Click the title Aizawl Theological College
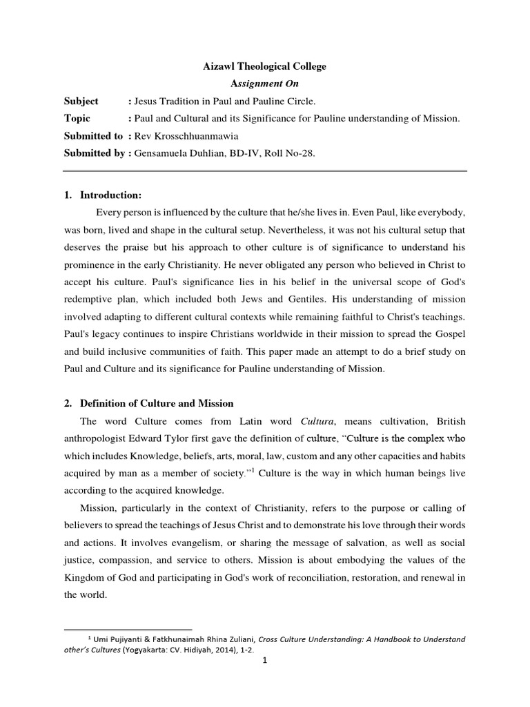[x=265, y=66]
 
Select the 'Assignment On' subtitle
[x=265, y=84]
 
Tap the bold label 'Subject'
[x=81, y=101]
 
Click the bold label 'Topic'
[x=77, y=118]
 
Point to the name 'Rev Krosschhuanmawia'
[x=181, y=136]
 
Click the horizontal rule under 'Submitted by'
[x=265, y=171]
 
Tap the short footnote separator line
[x=127, y=630]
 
